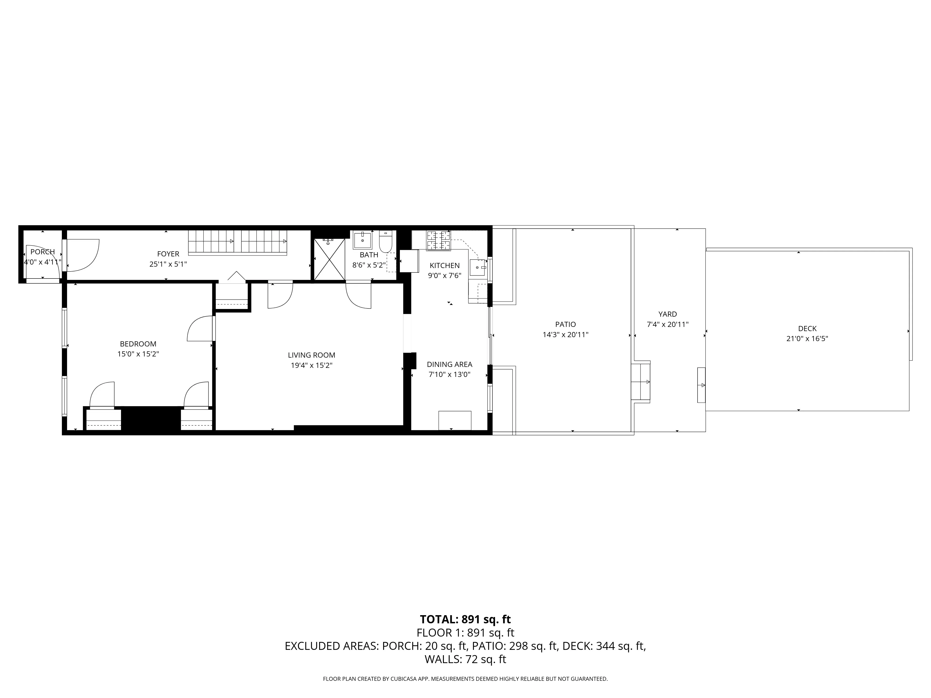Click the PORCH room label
coord(43,252)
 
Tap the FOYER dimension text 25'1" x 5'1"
coord(168,264)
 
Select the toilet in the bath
coord(385,242)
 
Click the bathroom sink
coord(362,240)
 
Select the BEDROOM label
coord(138,344)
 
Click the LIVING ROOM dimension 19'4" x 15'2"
coord(311,366)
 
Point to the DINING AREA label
coord(449,364)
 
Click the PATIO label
coord(565,324)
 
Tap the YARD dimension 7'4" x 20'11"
coord(668,324)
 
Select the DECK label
coord(807,329)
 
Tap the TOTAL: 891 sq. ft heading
coord(465,619)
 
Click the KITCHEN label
coord(445,265)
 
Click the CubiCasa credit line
coord(465,679)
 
